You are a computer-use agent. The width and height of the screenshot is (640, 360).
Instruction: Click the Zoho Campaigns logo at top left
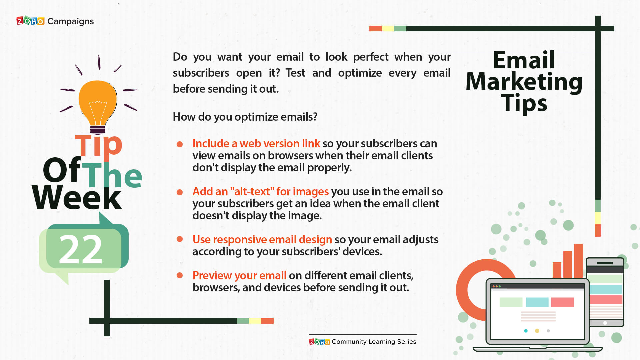pos(55,21)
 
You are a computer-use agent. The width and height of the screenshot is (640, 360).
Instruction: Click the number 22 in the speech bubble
pos(80,249)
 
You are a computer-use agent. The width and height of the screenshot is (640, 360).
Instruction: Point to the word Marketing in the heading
pos(524,82)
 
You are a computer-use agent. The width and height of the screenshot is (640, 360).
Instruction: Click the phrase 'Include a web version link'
pos(256,143)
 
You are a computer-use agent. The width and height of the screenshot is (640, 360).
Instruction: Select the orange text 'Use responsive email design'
pos(262,239)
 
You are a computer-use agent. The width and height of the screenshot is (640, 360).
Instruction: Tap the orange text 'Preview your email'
pos(239,275)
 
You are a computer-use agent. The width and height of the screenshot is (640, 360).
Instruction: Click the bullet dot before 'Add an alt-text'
pos(180,192)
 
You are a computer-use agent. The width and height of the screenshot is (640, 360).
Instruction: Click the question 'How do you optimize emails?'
pos(245,117)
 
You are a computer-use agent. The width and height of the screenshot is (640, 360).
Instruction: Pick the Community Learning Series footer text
pos(374,342)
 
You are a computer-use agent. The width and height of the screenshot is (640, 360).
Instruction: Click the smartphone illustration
pos(605,292)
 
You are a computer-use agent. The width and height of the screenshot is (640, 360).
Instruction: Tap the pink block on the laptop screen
pos(562,302)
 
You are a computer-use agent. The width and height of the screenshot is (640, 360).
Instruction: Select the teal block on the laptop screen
pos(537,302)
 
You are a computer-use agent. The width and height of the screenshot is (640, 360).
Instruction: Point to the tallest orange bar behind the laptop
pos(578,261)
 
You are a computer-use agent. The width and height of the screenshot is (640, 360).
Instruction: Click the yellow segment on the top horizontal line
pos(388,28)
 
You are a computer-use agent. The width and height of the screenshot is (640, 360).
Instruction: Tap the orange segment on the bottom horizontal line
pos(267,321)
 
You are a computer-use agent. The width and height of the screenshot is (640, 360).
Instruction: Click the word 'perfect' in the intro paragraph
pos(371,57)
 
